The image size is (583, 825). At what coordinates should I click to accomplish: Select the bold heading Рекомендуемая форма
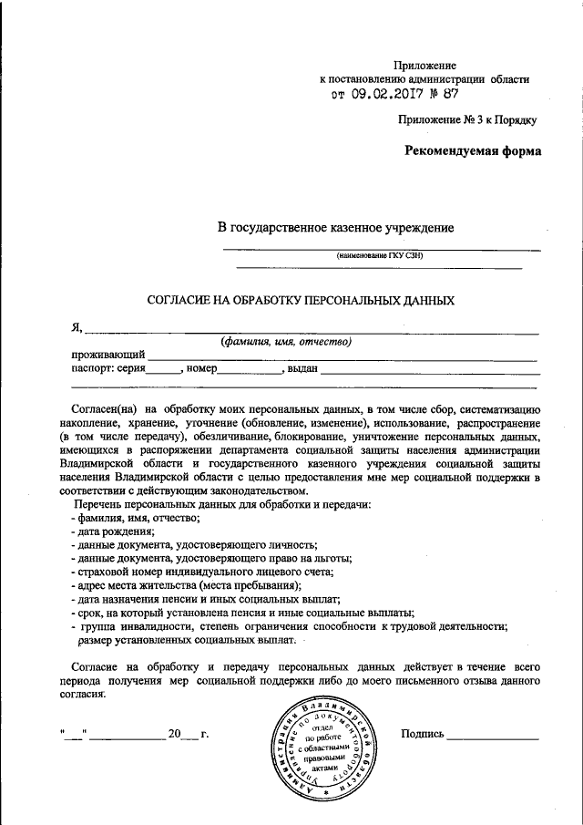(473, 151)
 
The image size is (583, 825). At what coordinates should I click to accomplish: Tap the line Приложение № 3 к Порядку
(467, 119)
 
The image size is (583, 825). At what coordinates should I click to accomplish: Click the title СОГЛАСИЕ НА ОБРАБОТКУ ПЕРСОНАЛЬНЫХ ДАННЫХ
(301, 299)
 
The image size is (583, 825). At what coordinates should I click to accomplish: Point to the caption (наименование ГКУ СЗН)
(380, 256)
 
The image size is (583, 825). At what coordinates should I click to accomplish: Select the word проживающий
(108, 355)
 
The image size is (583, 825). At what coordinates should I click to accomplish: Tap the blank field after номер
(249, 370)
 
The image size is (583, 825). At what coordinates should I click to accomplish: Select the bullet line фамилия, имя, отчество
(136, 518)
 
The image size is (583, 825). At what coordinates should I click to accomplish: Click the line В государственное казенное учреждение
(334, 227)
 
